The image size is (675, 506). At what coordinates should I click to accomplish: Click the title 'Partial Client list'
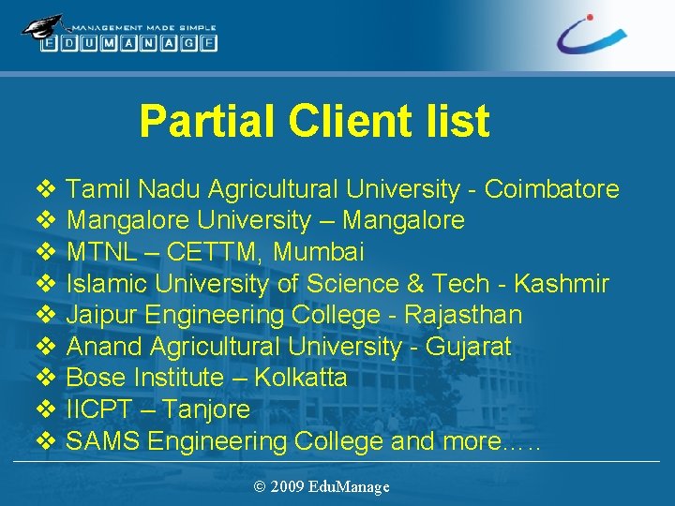pyautogui.click(x=314, y=122)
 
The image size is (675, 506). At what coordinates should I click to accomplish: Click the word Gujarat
pyautogui.click(x=468, y=347)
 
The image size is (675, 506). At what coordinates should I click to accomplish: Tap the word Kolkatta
pyautogui.click(x=301, y=378)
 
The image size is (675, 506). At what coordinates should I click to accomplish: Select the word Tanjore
pyautogui.click(x=205, y=409)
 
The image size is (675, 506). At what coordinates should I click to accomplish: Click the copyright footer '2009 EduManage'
pyautogui.click(x=322, y=486)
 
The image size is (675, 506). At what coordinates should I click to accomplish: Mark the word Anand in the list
pyautogui.click(x=105, y=347)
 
